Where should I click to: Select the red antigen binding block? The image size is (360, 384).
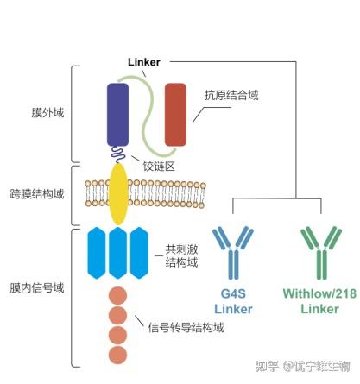[x=176, y=113]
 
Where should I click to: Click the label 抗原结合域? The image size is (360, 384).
[x=231, y=96]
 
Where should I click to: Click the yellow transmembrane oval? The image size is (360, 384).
[x=118, y=193]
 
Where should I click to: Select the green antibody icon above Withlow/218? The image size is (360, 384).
[x=319, y=250]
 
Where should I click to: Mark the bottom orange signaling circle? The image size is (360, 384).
[x=118, y=354]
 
